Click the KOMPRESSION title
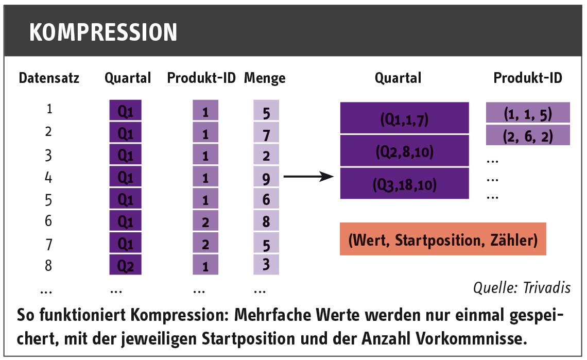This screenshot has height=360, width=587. pyautogui.click(x=103, y=32)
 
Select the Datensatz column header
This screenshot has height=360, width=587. pyautogui.click(x=49, y=78)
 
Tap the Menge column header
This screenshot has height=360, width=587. pyautogui.click(x=265, y=78)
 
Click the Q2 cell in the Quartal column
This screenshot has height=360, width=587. pyautogui.click(x=126, y=265)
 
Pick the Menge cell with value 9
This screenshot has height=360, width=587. pyautogui.click(x=266, y=177)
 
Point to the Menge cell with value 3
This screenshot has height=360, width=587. pyautogui.click(x=266, y=265)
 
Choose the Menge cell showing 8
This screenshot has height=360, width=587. pyautogui.click(x=266, y=220)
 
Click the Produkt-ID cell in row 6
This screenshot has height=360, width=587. pyautogui.click(x=205, y=220)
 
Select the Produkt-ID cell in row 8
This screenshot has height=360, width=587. pyautogui.click(x=205, y=265)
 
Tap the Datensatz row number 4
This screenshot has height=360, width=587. pyautogui.click(x=48, y=177)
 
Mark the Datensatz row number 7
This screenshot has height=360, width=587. pyautogui.click(x=48, y=244)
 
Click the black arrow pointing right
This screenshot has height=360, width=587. pyautogui.click(x=308, y=176)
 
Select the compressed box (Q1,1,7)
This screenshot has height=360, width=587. pyautogui.click(x=404, y=117)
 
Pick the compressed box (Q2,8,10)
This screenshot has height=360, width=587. pyautogui.click(x=404, y=150)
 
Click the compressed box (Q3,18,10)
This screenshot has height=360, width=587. pyautogui.click(x=404, y=183)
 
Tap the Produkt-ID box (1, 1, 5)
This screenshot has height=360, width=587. pyautogui.click(x=528, y=112)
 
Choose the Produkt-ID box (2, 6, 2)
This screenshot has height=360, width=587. pyautogui.click(x=528, y=135)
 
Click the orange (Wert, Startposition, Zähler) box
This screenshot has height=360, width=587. pyautogui.click(x=443, y=239)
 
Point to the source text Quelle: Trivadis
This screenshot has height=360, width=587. pyautogui.click(x=522, y=287)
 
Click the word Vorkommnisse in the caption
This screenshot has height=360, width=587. pyautogui.click(x=471, y=339)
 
